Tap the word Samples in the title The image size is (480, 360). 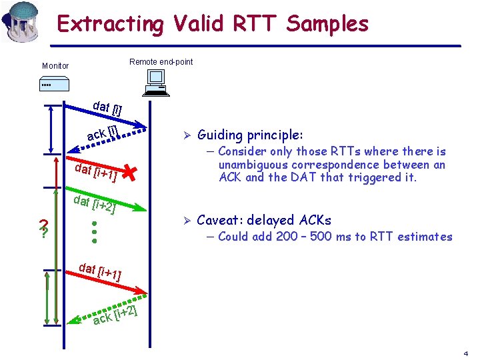[x=327, y=24]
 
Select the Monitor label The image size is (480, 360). [x=55, y=66]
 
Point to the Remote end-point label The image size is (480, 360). [x=161, y=62]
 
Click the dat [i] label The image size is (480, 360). [x=107, y=107]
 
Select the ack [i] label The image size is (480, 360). [x=103, y=133]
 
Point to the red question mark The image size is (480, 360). [x=43, y=229]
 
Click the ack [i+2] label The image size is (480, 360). [x=115, y=314]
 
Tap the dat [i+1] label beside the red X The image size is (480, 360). [x=97, y=172]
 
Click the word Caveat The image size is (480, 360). [x=219, y=220]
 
